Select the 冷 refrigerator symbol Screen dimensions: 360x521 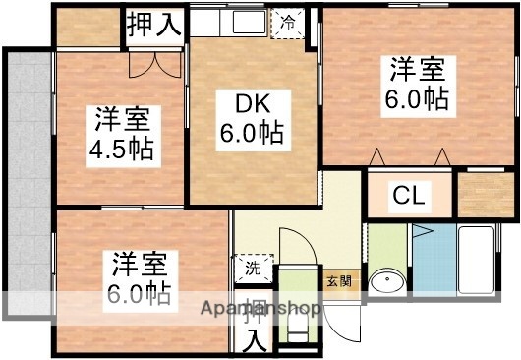tap(288, 21)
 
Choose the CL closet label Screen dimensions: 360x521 tap(409, 195)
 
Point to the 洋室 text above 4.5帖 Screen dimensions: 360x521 tap(122, 119)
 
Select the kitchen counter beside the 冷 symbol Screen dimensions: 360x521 tap(231, 21)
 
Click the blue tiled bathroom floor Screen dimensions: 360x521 tap(433, 258)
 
